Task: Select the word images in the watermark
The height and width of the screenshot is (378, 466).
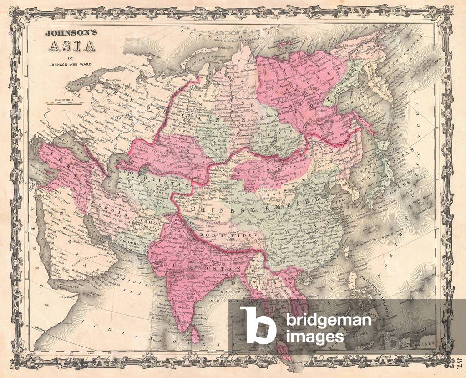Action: click(315, 337)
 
